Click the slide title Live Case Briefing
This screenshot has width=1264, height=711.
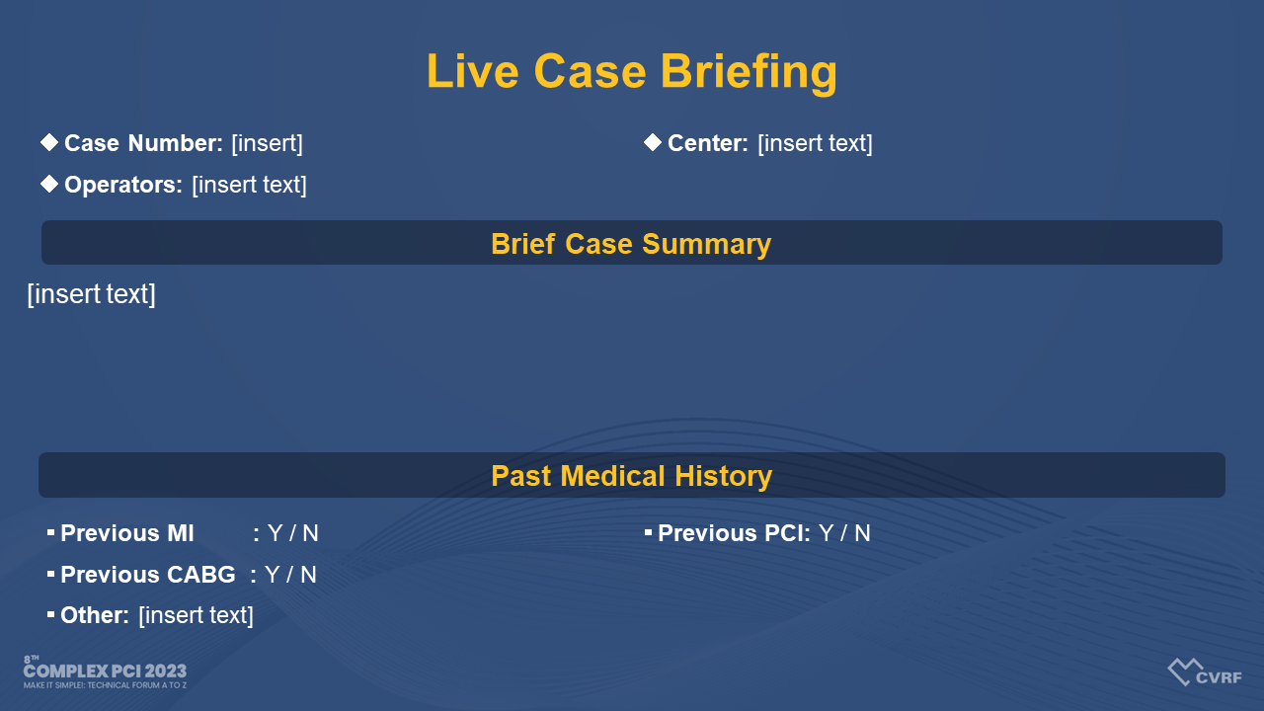(631, 72)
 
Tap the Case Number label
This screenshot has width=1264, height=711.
(143, 143)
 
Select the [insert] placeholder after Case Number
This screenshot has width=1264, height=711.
(267, 143)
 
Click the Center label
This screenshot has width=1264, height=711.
(708, 143)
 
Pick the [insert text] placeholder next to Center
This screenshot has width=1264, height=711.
(815, 143)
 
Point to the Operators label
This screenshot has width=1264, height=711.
(123, 185)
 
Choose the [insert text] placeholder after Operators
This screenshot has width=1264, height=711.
(249, 185)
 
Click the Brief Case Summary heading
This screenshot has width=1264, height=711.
(631, 244)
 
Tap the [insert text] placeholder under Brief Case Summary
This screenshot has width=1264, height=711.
(92, 294)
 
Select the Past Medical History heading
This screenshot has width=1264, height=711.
(631, 476)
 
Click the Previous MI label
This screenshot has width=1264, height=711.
(127, 533)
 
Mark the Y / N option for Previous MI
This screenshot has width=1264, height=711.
(293, 533)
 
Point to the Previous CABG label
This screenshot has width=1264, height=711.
(148, 575)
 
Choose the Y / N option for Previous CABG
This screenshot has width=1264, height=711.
(290, 575)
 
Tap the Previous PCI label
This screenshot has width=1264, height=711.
(734, 533)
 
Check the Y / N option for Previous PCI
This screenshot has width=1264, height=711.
(844, 533)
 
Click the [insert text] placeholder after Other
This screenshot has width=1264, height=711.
(196, 615)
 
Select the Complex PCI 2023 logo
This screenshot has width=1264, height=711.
(105, 672)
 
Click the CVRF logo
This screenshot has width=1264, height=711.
(1205, 671)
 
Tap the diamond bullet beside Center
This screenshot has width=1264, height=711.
(653, 142)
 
